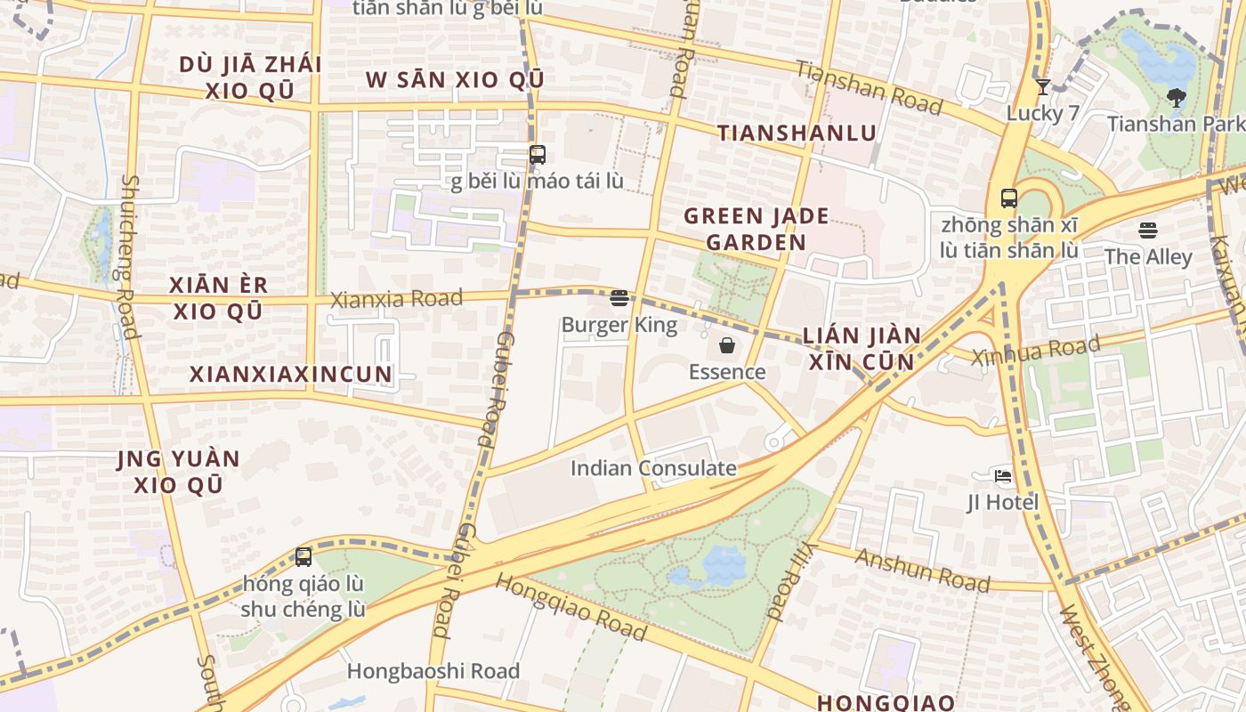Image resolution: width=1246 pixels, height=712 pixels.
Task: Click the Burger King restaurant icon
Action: [x=619, y=298]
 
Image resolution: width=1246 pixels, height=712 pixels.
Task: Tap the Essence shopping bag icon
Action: [x=727, y=345]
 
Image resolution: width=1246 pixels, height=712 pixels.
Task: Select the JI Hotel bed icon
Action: [x=1003, y=476]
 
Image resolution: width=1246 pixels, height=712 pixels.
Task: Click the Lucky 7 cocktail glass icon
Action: [x=1042, y=87]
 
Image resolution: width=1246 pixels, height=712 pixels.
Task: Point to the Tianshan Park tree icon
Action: [x=1176, y=98]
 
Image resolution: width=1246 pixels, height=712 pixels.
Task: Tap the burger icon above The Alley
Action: [x=1147, y=231]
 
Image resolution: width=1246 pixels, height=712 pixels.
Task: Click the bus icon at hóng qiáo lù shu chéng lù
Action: [x=303, y=558]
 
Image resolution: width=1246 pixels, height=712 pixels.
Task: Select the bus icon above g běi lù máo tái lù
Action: [x=537, y=155]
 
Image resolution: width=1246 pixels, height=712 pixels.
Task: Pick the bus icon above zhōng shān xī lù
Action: [x=1008, y=198]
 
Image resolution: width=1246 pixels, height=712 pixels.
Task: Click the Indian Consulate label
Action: [x=653, y=468]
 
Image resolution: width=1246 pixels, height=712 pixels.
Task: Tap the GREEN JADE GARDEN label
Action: [x=756, y=229]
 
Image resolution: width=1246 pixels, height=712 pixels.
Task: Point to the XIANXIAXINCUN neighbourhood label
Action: [x=291, y=374]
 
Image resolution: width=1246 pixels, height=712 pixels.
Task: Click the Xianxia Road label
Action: [x=396, y=299]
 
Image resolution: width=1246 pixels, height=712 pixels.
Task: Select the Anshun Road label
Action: [x=922, y=570]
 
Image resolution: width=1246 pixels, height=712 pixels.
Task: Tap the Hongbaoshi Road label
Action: [x=433, y=671]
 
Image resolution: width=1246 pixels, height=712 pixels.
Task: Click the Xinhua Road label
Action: [x=1035, y=350]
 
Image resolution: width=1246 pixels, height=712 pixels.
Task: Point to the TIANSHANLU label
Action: [x=797, y=133]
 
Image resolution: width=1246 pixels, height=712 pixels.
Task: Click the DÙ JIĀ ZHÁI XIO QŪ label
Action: [x=250, y=77]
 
